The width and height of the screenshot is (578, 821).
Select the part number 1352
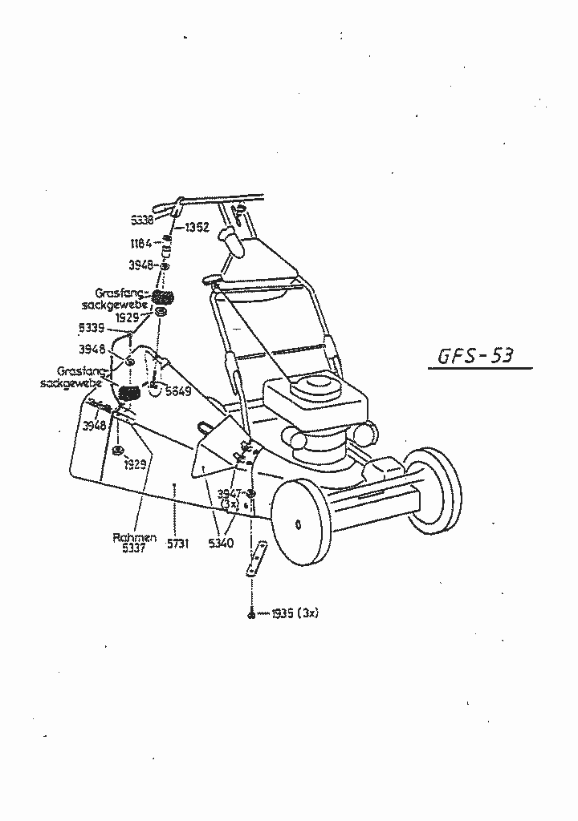coord(197,228)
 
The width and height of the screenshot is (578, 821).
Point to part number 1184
coord(141,243)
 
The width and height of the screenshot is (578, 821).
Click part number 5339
coord(92,328)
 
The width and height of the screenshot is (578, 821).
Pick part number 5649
coord(177,391)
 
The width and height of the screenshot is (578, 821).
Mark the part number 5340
coord(221,544)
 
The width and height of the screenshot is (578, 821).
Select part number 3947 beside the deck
coord(230,494)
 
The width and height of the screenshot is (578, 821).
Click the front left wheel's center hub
coord(299,525)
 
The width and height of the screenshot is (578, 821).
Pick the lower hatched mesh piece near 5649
coord(130,393)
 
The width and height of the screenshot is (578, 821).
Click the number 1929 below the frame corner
coord(134,464)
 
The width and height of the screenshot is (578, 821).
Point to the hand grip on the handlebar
coord(231,239)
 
